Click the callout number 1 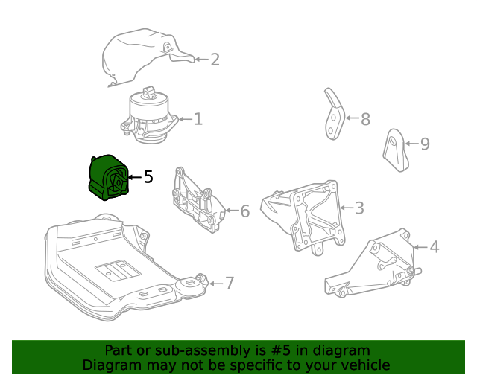(198, 119)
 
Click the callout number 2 (215, 60)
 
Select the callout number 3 (359, 208)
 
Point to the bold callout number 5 (148, 177)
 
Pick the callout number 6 (244, 212)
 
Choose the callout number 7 (230, 284)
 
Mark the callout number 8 (365, 120)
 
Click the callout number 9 (425, 144)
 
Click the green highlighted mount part (108, 178)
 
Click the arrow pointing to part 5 (133, 177)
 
